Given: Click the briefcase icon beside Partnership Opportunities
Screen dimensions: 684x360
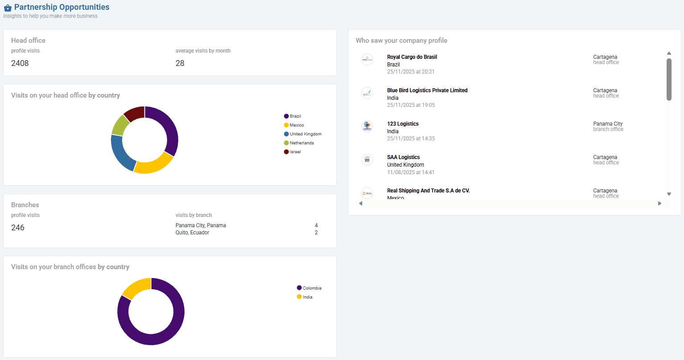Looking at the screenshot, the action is click(8, 8).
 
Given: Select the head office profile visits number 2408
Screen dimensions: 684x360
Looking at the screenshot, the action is click(20, 63).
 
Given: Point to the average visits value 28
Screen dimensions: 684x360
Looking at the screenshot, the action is click(180, 63).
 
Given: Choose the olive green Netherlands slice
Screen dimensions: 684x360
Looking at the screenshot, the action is click(120, 126).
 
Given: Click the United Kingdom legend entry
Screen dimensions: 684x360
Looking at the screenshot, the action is click(303, 134).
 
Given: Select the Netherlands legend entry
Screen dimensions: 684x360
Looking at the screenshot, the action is click(299, 143).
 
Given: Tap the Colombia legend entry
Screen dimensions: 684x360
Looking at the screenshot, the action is click(309, 288).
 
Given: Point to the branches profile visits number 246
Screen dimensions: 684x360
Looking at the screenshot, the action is click(18, 228).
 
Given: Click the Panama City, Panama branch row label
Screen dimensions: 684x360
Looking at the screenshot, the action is click(201, 225).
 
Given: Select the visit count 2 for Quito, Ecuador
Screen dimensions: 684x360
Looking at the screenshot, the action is click(316, 233).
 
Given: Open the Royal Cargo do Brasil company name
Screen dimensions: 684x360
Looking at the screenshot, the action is click(412, 57).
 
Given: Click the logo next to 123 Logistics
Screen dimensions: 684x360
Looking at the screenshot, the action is click(367, 126).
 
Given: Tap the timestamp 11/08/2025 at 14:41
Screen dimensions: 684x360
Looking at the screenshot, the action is click(411, 172).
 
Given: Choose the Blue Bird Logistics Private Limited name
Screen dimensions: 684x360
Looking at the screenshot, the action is click(427, 90).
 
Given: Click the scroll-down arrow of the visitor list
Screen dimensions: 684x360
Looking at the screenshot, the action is click(669, 194).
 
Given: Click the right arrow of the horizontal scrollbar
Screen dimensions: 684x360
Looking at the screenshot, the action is click(659, 203).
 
